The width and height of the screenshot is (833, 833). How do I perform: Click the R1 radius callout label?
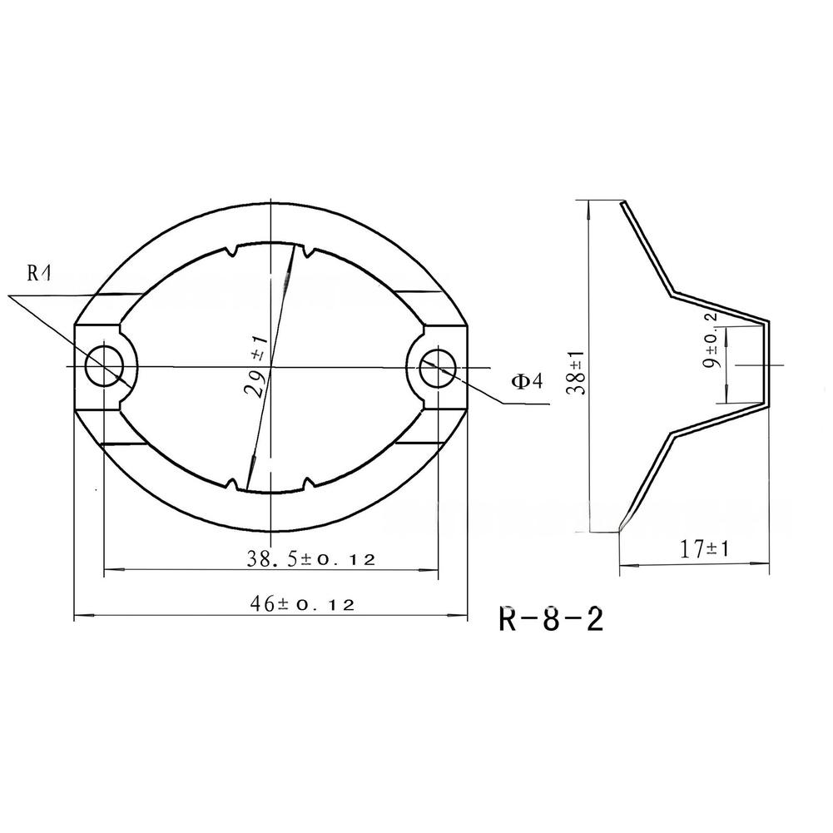pos(38,272)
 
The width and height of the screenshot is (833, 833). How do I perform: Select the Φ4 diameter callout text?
pos(526,381)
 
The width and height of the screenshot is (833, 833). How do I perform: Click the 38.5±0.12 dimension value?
pos(310,559)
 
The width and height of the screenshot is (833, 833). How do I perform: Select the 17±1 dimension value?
pos(704,549)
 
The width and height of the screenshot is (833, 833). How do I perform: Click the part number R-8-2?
pos(551,620)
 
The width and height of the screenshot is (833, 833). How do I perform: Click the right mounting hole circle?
pos(438,367)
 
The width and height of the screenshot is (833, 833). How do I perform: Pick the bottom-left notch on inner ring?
pos(231,483)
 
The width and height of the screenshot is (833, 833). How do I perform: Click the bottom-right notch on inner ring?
pos(310,483)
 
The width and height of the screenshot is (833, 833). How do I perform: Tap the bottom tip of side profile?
pos(620,530)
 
